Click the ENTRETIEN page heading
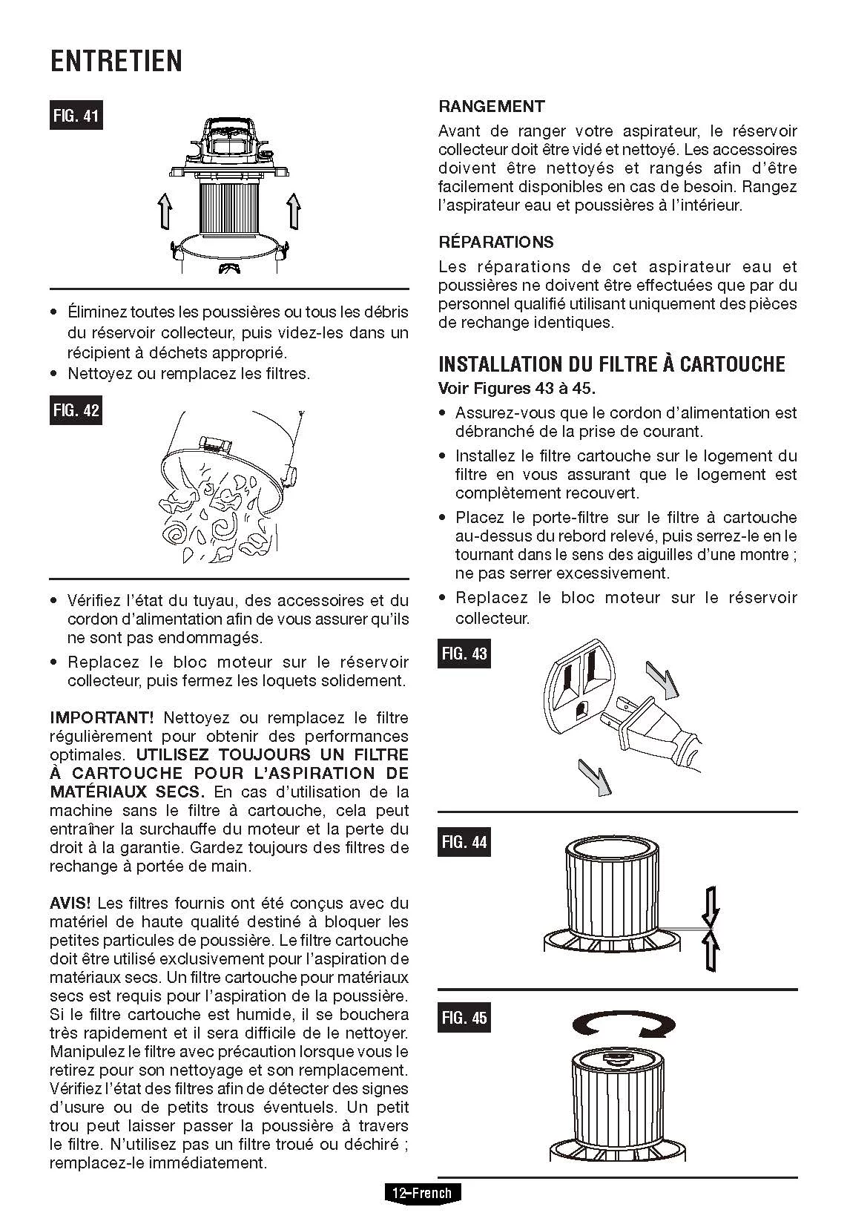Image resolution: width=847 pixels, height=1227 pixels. coord(116,61)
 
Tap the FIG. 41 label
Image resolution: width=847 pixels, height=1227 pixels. coord(76,116)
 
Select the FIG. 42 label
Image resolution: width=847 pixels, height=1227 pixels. coord(76,410)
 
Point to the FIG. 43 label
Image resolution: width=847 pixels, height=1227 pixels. coord(464,654)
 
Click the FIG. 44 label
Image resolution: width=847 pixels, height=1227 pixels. coord(464,842)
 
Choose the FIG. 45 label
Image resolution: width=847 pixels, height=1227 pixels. coord(464,1018)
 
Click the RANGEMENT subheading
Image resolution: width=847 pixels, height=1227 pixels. coord(492,106)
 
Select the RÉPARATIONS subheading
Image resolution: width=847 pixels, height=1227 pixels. coord(496,242)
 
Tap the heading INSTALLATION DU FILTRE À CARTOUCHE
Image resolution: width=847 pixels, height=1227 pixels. coord(612,364)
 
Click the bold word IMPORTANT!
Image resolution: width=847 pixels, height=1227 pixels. coord(102,717)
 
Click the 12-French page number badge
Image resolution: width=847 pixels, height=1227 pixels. coord(422,1193)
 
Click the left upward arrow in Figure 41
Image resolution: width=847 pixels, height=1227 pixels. coord(165,211)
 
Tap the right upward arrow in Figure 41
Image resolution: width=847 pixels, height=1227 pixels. coord(294,211)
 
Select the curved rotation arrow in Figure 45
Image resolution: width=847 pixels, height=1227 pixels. coord(624,1025)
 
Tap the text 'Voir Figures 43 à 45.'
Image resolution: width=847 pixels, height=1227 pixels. coord(517,388)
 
